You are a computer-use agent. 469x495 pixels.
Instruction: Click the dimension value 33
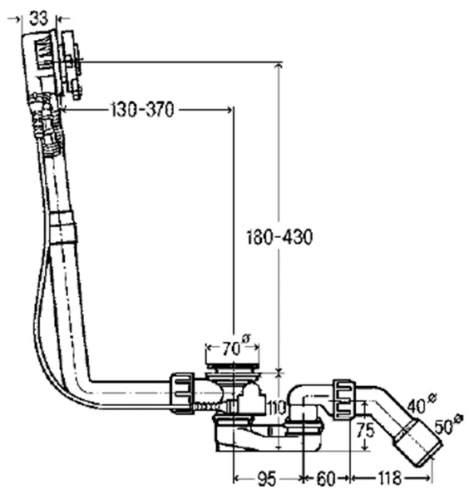(38, 18)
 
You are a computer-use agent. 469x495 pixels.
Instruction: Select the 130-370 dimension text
(143, 110)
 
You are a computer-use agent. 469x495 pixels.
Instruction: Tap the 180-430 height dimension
(279, 237)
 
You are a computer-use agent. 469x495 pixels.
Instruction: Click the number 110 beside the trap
(276, 408)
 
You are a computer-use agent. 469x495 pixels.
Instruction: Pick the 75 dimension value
(365, 430)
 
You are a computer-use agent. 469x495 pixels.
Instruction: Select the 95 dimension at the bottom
(267, 478)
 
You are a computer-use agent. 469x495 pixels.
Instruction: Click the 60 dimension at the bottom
(326, 478)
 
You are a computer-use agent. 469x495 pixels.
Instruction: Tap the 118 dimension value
(389, 478)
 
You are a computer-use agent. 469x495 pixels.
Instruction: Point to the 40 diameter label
(422, 404)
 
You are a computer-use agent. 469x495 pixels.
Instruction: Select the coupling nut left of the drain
(182, 393)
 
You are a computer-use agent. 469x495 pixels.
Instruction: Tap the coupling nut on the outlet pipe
(343, 399)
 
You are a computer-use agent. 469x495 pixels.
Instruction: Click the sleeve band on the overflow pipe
(63, 228)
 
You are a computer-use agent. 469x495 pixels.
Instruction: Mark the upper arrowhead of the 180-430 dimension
(278, 67)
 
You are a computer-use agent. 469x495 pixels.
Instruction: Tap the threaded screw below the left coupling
(207, 407)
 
